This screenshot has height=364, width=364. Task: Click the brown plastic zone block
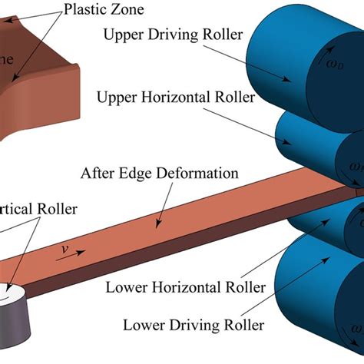[46, 84]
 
